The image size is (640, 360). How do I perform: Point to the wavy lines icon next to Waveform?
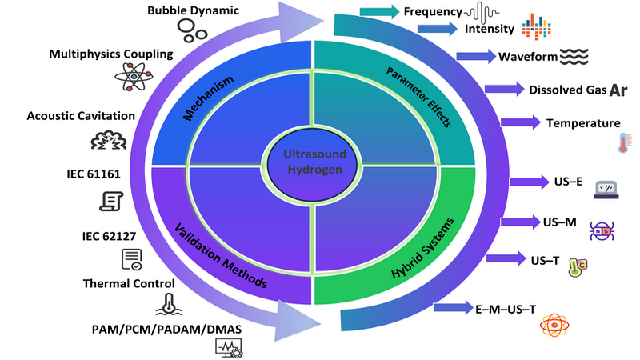(x=574, y=57)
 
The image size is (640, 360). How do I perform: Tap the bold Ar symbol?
(x=618, y=90)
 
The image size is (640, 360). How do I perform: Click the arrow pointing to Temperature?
(x=520, y=122)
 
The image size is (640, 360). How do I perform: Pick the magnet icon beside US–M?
(x=600, y=231)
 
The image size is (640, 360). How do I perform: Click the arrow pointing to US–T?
(x=506, y=258)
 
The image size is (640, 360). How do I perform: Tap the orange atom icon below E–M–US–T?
(x=554, y=326)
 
